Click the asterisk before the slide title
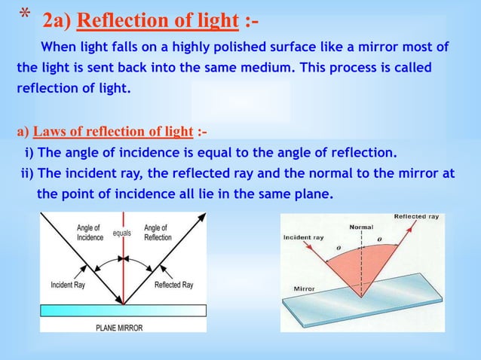24,14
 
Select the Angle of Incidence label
90,232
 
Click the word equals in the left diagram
122,233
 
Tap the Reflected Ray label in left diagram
173,285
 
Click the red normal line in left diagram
124,271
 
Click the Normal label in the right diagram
361,227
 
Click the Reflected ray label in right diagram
416,217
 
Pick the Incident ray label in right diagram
303,237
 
